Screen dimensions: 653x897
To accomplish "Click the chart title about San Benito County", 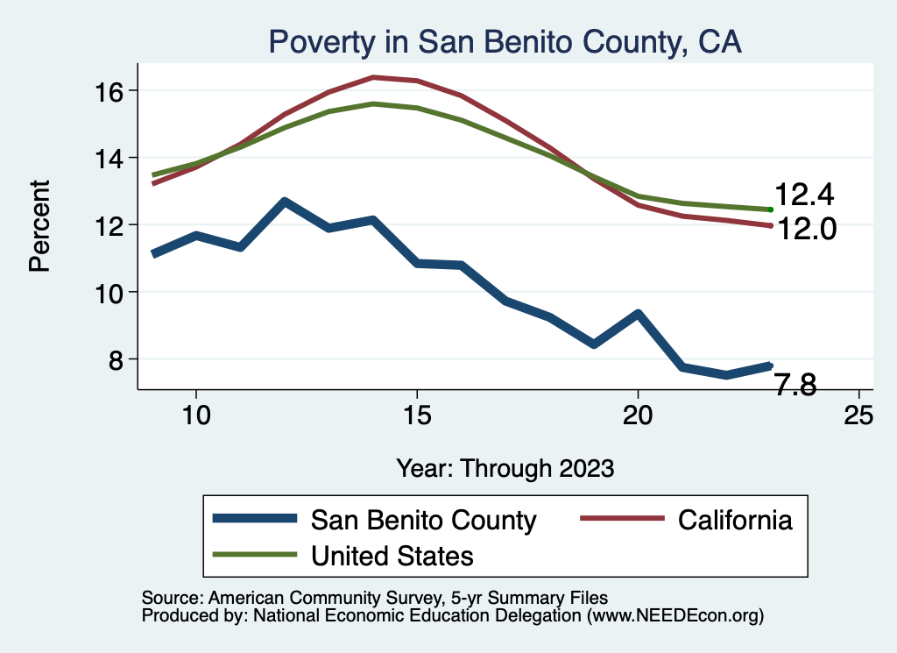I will click(x=505, y=42).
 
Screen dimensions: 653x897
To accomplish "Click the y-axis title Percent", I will click(x=40, y=225).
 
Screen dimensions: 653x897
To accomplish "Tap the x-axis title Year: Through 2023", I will click(x=505, y=467).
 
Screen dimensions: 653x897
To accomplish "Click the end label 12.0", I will click(x=804, y=230).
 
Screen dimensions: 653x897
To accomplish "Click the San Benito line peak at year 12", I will click(x=285, y=202).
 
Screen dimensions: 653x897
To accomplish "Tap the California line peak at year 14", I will click(x=373, y=77).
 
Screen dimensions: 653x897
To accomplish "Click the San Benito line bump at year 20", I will click(x=638, y=313).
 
